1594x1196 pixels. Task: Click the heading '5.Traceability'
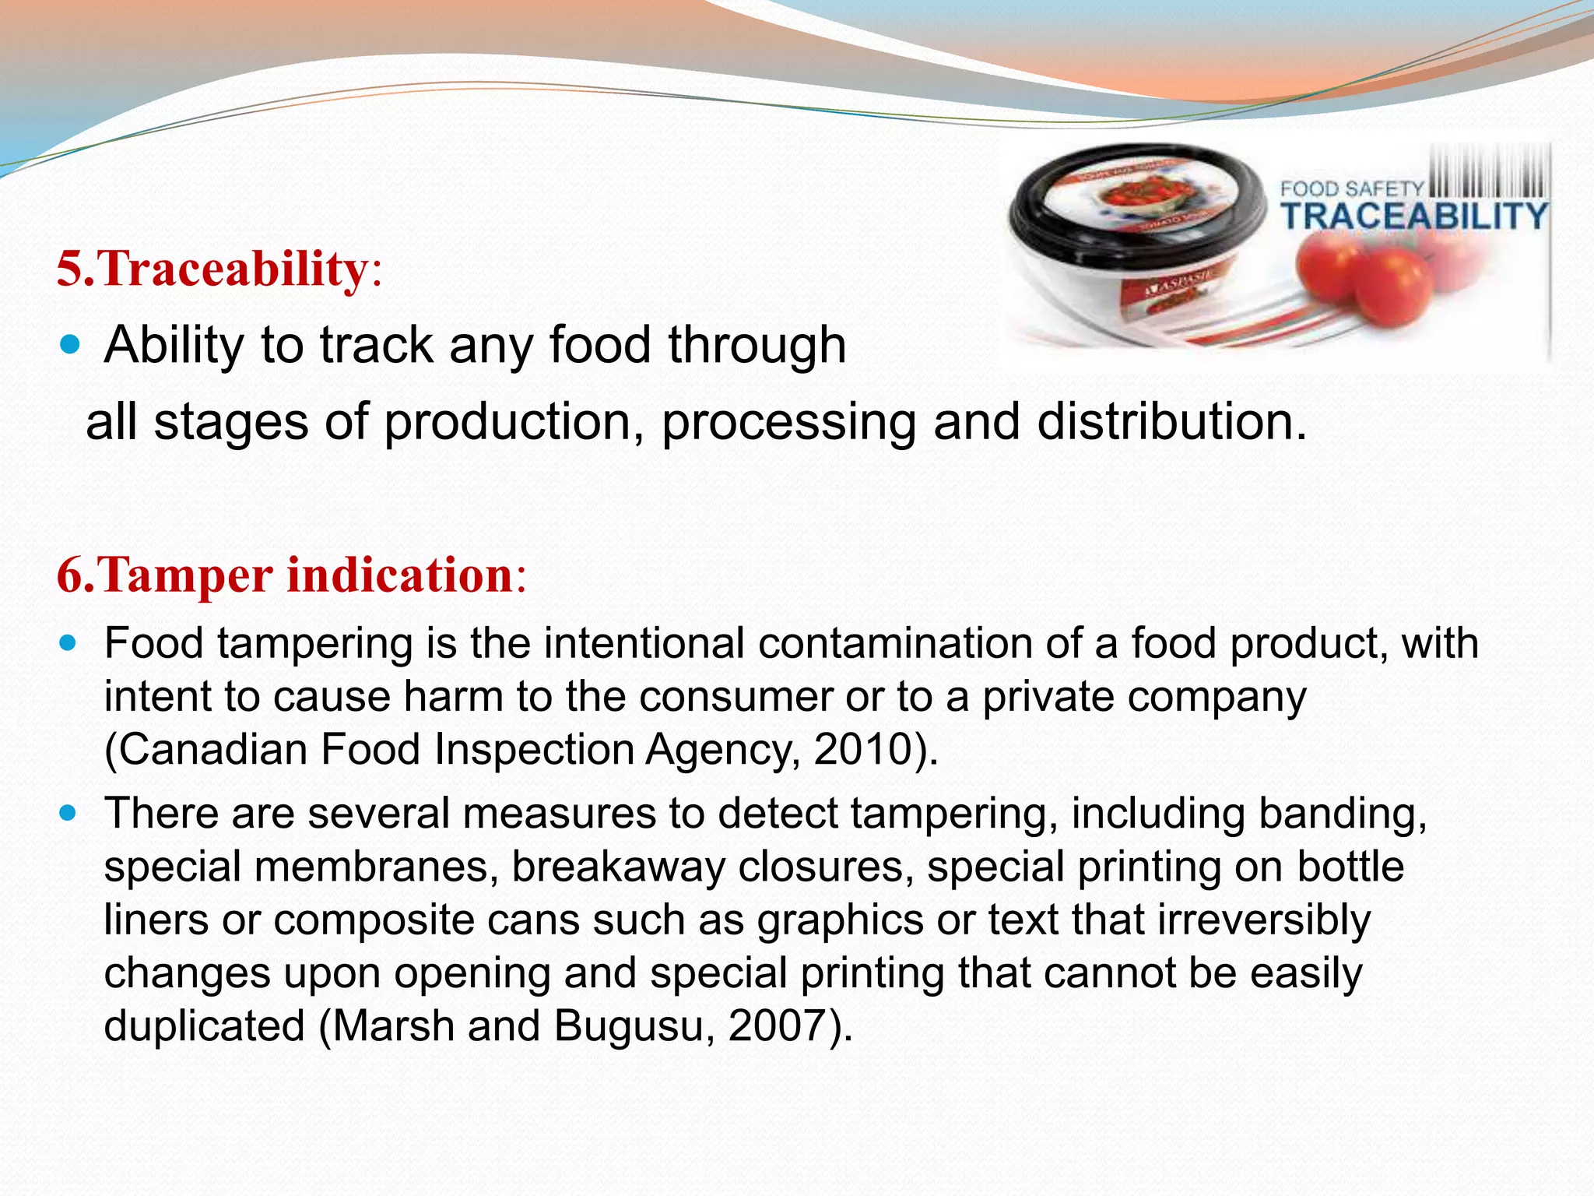[x=218, y=269]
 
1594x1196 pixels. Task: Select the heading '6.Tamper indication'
[x=291, y=575]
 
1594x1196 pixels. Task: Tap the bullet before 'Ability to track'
[x=69, y=344]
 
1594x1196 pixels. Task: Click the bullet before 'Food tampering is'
[x=69, y=644]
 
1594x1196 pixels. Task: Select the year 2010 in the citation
[x=862, y=749]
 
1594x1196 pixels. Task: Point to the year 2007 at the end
[x=777, y=1025]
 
